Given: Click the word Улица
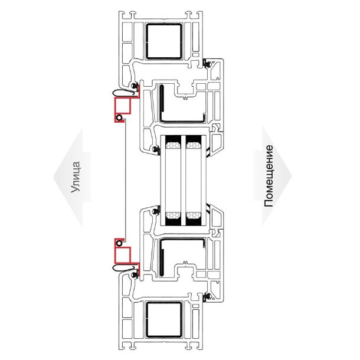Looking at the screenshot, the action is (76, 177).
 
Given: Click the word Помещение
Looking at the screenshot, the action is (269, 176).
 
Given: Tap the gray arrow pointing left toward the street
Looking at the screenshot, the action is (73, 177).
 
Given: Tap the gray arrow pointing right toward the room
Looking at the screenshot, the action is (273, 176).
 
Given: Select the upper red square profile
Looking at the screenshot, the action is (123, 106).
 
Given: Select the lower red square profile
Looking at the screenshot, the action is (123, 255).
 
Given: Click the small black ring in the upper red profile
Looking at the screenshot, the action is (119, 118).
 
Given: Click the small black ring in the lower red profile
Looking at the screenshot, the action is (119, 243).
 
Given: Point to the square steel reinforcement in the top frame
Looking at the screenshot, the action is (164, 41).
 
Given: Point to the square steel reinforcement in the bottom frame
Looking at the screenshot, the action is (164, 320).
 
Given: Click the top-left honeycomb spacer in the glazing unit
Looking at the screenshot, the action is (174, 145).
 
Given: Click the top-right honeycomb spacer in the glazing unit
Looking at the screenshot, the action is (194, 145).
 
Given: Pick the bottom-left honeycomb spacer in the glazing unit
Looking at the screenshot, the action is (174, 215).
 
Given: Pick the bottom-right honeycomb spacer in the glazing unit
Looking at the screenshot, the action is (194, 215).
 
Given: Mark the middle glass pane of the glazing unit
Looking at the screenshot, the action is (184, 181).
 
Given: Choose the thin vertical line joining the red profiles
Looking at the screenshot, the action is (125, 181).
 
